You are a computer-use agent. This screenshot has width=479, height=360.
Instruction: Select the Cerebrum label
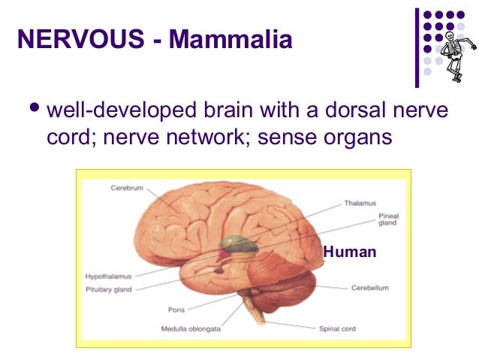[x=127, y=188]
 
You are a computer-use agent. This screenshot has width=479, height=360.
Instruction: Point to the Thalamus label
[x=360, y=203]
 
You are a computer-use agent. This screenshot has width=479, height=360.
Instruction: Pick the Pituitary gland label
[x=110, y=287]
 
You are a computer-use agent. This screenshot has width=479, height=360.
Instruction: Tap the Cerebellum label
[x=370, y=288]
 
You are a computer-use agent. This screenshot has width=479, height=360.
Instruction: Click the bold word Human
[x=349, y=253]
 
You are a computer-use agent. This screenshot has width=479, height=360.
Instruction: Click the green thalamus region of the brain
[x=238, y=245]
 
